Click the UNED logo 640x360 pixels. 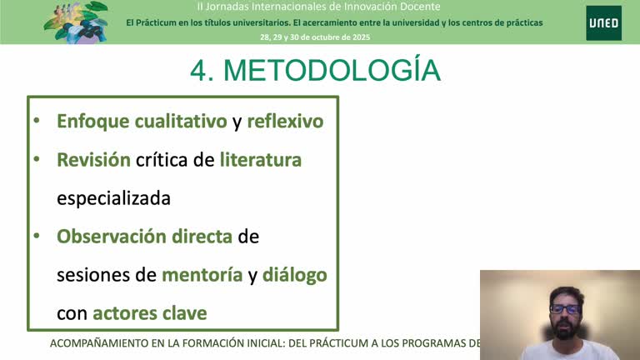[x=602, y=22]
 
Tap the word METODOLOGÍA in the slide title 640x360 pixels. [x=332, y=71]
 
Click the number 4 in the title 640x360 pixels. [x=199, y=71]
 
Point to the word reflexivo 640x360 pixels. [x=285, y=121]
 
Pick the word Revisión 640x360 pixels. [x=93, y=159]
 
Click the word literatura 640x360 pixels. [x=261, y=159]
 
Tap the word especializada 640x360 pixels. [x=113, y=198]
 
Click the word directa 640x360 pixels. [x=202, y=236]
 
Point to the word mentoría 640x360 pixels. [x=202, y=274]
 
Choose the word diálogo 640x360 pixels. [x=294, y=274]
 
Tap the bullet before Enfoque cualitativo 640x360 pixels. [x=36, y=121]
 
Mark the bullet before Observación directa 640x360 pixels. [x=36, y=236]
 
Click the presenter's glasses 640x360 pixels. [x=566, y=309]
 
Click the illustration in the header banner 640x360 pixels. [x=76, y=21]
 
